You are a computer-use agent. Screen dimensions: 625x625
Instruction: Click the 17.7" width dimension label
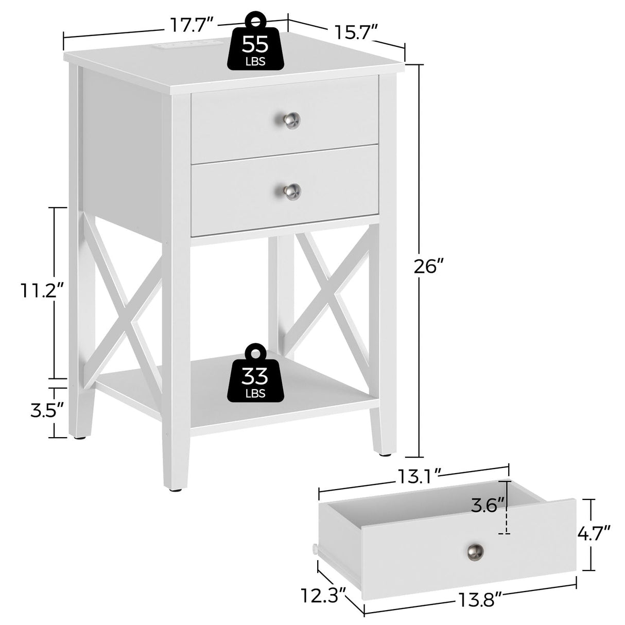click(190, 24)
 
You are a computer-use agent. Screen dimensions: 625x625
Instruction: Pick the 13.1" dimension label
click(419, 476)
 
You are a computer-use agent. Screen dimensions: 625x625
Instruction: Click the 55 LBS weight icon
click(255, 44)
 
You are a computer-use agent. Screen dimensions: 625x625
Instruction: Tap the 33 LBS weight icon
click(255, 374)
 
